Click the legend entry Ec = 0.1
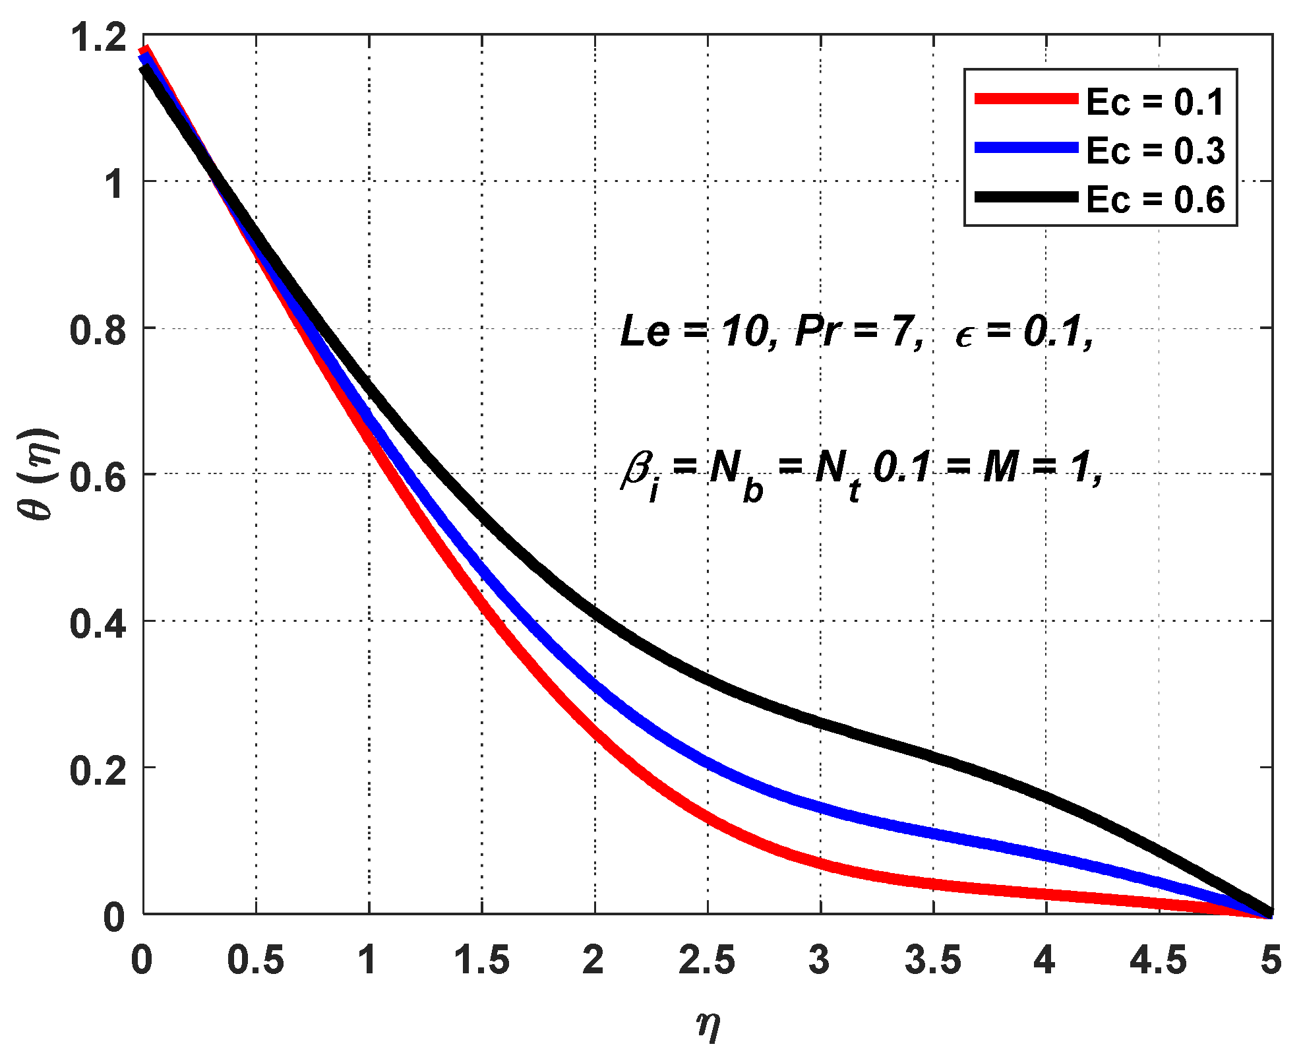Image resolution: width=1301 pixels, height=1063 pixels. (1155, 102)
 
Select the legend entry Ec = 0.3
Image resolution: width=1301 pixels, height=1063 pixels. (1155, 151)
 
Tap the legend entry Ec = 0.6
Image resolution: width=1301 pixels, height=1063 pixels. (1155, 199)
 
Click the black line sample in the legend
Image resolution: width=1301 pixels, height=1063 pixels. (1026, 197)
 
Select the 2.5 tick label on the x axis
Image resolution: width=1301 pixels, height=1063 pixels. (707, 960)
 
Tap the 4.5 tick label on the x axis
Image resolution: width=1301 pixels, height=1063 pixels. (1159, 960)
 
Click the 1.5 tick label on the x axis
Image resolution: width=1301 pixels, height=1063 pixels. (481, 960)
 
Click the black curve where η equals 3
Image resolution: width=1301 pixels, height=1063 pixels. (820, 724)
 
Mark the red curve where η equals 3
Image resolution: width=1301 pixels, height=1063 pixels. (820, 865)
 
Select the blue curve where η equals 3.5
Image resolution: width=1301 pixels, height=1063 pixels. (934, 832)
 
